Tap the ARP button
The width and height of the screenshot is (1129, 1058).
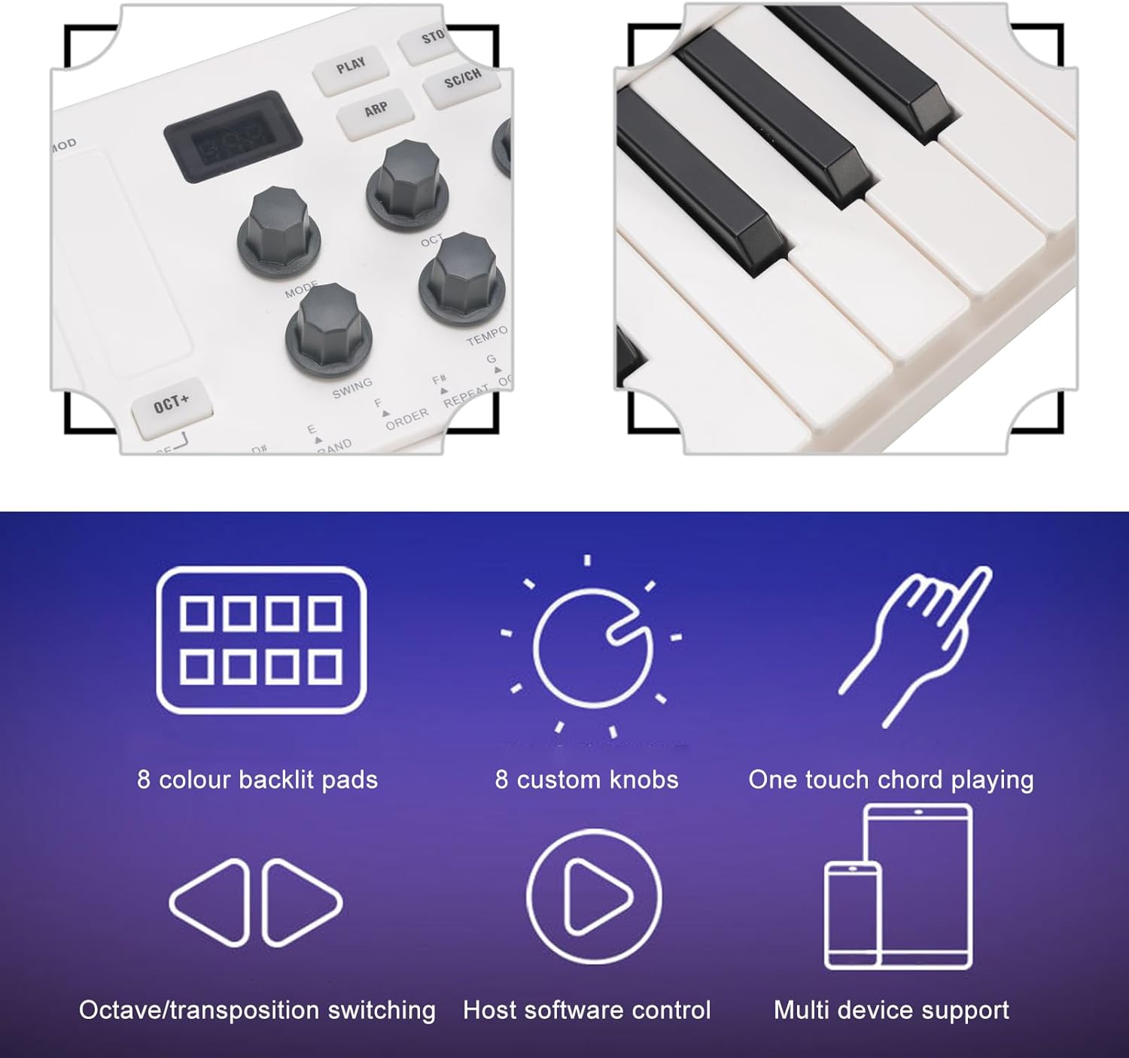(x=376, y=111)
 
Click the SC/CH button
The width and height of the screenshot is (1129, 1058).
(x=462, y=78)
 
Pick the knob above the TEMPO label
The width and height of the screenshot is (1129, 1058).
(x=461, y=275)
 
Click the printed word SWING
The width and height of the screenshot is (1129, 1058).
(x=352, y=388)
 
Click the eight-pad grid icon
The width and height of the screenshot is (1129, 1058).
(x=261, y=640)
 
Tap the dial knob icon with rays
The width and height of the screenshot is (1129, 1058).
(x=591, y=646)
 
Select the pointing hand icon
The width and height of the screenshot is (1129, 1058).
(x=916, y=643)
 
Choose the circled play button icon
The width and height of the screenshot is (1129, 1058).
(x=594, y=896)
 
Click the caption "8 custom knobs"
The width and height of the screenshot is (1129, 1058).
(x=586, y=780)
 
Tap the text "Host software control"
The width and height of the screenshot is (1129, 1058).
(x=586, y=1010)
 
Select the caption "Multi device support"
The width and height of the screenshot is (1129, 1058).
(x=891, y=1010)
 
